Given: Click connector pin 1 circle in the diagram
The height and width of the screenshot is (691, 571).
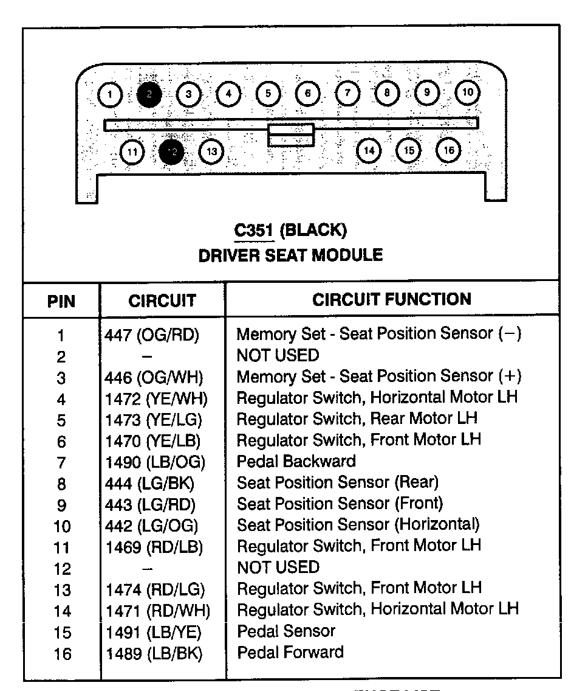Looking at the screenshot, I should click(x=110, y=94).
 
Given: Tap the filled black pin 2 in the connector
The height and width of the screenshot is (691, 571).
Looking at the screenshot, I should click(x=149, y=94).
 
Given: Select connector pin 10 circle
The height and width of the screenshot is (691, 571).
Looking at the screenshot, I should click(x=467, y=92).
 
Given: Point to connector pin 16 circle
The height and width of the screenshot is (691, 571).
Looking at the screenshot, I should click(x=449, y=150).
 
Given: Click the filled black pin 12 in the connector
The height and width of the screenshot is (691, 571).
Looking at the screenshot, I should click(x=171, y=152).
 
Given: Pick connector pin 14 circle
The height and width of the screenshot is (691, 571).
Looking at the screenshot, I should click(x=369, y=150).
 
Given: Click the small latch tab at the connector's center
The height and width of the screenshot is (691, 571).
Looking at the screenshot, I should click(x=292, y=134).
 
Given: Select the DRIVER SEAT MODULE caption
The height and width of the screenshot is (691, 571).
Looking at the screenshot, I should click(x=290, y=255).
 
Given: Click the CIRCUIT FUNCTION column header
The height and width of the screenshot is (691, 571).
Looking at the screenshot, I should click(x=392, y=299).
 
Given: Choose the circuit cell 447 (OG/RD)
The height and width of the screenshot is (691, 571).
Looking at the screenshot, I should click(x=152, y=334).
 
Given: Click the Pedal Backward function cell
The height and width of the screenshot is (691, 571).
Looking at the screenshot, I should click(x=296, y=461).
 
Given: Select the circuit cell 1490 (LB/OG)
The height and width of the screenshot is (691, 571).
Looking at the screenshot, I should click(x=156, y=462).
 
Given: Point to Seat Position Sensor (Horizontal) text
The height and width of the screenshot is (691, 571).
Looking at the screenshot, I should click(x=358, y=524).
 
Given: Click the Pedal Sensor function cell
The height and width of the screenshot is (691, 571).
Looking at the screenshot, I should click(x=285, y=631).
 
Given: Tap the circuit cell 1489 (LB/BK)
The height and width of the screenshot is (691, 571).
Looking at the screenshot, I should click(x=154, y=653).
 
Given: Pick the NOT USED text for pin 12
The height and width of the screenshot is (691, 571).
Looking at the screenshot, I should click(x=278, y=567).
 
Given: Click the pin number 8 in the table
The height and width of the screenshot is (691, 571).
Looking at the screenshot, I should click(x=61, y=484).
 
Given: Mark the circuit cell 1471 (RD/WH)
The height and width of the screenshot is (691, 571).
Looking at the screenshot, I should click(x=158, y=611).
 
